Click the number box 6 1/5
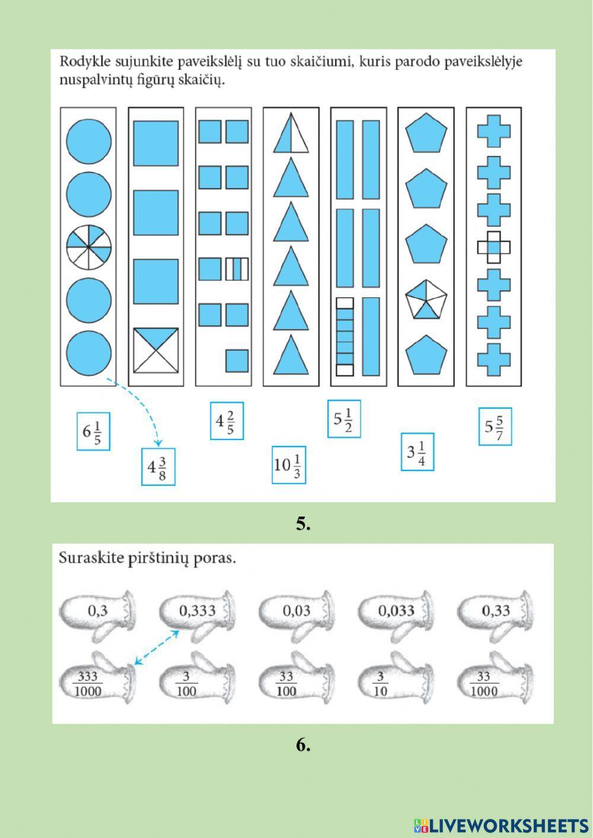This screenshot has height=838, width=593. coord(93,431)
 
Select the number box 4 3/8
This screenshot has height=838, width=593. coord(158,467)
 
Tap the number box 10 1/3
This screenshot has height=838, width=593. coord(289,465)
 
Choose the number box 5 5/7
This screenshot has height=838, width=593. coord(495,426)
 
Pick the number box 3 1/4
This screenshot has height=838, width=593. coord(417,452)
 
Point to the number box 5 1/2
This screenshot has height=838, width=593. coord(344,419)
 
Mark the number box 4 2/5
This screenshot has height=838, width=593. coord(227,421)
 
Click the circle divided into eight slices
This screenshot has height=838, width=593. coord(89,247)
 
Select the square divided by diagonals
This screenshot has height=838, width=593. coord(155,351)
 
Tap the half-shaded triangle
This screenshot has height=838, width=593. coord(291,133)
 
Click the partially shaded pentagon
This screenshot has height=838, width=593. coord(426,300)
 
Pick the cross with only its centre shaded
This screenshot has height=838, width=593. coord(494,247)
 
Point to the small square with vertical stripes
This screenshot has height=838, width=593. coord(237,269)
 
